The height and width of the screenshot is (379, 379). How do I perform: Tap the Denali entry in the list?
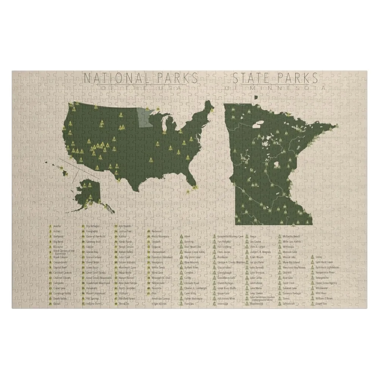[57, 304]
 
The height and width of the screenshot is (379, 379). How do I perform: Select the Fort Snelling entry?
[224, 247]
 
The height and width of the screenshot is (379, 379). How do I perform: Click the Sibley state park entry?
[319, 257]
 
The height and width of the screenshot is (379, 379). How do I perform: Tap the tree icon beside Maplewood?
[247, 304]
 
